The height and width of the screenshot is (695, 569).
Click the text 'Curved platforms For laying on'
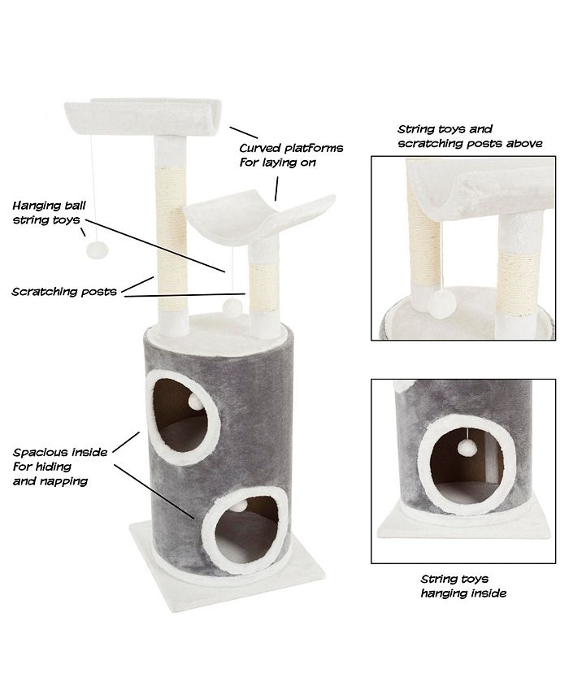290,155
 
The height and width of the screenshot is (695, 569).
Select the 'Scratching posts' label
63,290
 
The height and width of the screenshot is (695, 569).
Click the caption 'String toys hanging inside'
463,586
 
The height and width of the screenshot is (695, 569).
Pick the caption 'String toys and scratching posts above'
468,136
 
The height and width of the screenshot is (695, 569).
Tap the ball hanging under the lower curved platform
232,307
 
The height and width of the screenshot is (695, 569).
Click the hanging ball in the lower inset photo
466,445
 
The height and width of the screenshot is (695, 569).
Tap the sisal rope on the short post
265,286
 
